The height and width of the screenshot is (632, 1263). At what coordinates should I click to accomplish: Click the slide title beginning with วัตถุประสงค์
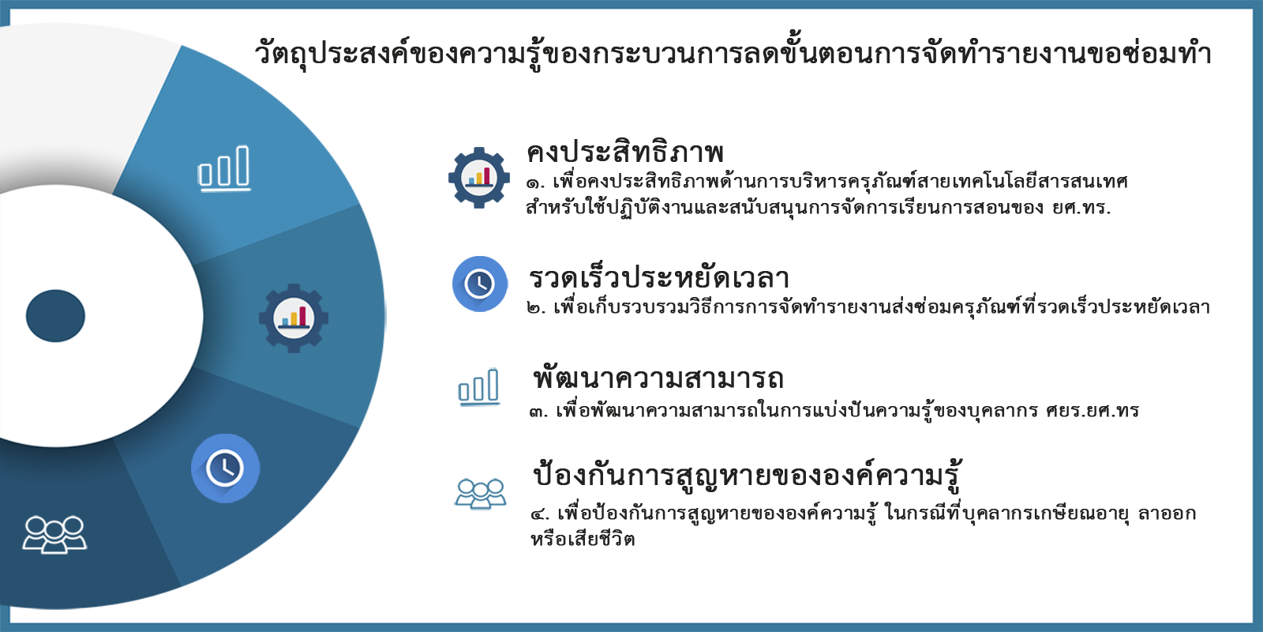coord(733,55)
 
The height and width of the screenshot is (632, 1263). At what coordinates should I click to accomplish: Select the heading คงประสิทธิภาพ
coord(624,151)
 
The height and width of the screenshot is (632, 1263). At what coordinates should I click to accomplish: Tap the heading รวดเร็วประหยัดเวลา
coord(658,277)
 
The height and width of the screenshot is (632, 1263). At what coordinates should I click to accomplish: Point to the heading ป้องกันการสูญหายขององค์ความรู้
coord(747,475)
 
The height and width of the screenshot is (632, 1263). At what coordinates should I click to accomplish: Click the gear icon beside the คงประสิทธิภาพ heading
coord(479,178)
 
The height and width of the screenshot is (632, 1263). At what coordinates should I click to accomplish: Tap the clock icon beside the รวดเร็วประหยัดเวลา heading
coord(480,284)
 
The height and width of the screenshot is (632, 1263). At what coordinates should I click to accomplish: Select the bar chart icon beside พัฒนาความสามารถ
coord(478,387)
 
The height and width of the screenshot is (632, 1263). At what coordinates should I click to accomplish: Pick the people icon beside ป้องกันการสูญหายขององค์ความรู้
coord(481,493)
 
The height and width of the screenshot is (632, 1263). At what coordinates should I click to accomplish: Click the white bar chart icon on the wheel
coord(224,169)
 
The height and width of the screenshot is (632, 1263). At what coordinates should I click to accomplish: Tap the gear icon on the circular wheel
coord(294,318)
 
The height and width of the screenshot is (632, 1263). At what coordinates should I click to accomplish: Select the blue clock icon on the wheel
coord(225,468)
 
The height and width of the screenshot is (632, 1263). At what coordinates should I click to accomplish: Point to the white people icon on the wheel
coord(54,534)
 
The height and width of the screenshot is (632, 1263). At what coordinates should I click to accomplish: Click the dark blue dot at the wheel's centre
coord(55,316)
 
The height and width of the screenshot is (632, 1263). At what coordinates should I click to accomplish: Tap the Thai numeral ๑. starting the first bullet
coord(536,183)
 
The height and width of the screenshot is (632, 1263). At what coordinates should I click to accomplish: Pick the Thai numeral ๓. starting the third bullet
coord(539,412)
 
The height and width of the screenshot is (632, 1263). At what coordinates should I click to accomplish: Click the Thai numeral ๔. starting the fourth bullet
coord(540,514)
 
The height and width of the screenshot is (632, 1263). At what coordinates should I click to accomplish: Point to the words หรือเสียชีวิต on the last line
coord(583,539)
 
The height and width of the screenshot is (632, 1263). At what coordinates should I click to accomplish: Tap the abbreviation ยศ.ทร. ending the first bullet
coord(1081,209)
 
